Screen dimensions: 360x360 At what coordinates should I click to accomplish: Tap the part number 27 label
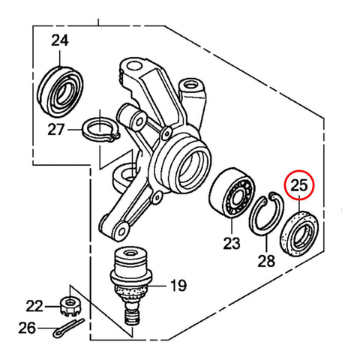click(56, 129)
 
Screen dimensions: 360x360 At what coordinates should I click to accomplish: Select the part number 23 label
click(230, 243)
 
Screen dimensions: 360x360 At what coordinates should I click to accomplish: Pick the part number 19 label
click(178, 285)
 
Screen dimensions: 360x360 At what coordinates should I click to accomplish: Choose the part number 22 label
click(34, 305)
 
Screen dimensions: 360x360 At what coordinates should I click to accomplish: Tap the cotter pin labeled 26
click(72, 328)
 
